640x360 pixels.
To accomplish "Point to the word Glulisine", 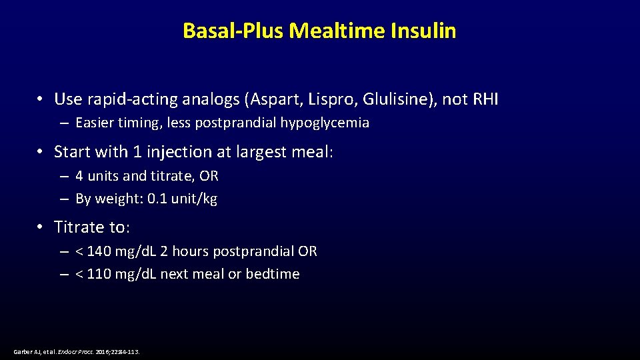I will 395,99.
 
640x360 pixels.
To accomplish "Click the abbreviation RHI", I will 485,99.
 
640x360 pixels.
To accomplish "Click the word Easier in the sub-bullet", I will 94,123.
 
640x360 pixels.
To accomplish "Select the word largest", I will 261,152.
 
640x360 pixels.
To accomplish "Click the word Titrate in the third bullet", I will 80,227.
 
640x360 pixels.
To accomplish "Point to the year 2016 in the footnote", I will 104,351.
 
